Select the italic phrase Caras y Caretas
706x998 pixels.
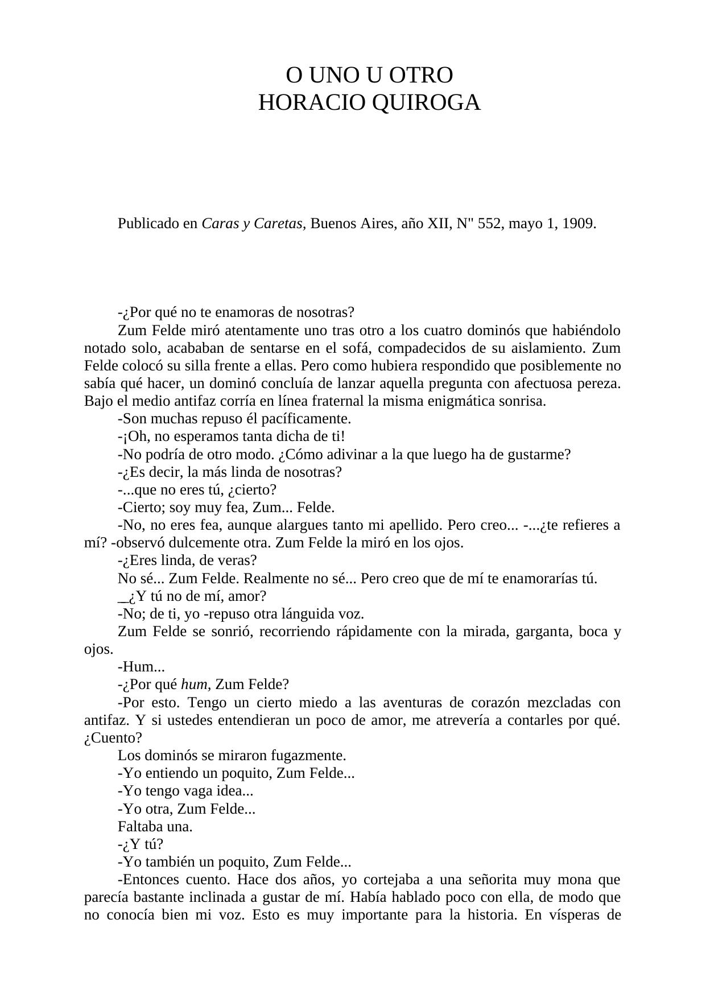point(254,224)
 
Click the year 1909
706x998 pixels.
point(579,224)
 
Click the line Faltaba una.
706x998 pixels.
point(155,826)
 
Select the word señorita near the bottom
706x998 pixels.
point(493,880)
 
